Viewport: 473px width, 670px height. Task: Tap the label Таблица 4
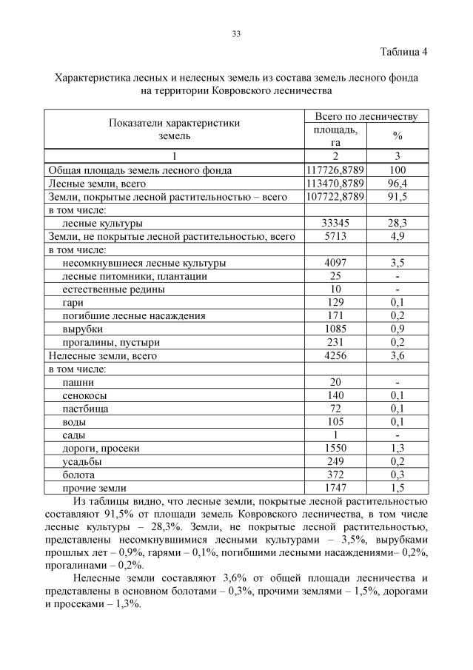tap(403, 52)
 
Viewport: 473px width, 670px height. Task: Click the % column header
tap(397, 136)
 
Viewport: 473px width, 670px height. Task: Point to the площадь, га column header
tap(335, 136)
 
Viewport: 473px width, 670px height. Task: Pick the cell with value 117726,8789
tap(335, 170)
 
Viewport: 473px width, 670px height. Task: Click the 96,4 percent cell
tap(397, 183)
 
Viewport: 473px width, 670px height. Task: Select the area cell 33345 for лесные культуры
tap(335, 223)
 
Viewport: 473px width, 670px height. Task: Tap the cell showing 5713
tap(335, 236)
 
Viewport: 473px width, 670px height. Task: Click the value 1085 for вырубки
tap(335, 329)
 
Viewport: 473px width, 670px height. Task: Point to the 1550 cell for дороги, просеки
tap(335, 448)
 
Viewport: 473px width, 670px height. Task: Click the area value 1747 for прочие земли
tap(335, 488)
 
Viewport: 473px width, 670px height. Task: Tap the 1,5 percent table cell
tap(397, 488)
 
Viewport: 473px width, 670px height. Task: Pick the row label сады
tap(74, 435)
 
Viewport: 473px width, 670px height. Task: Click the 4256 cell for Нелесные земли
tap(335, 355)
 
